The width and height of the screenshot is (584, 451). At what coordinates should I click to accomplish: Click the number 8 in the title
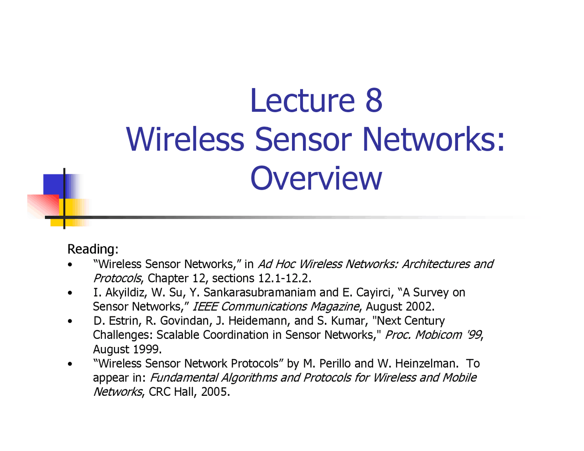point(374,100)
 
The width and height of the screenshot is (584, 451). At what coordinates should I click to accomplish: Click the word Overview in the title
point(316,179)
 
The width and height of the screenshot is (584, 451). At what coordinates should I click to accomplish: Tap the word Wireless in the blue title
point(185,139)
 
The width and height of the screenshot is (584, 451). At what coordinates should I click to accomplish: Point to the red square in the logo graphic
point(43,206)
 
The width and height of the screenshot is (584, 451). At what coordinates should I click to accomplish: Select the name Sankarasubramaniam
point(260,292)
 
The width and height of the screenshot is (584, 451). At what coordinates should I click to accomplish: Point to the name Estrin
point(125,321)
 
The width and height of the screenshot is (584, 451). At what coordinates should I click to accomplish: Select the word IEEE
point(205,306)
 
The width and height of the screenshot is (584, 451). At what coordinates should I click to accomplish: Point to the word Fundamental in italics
point(184,378)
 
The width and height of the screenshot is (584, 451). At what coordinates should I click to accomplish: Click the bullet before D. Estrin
point(70,321)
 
